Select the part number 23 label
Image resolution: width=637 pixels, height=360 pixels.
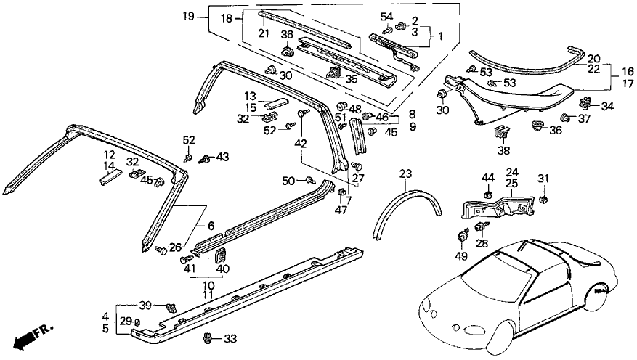[x=405, y=173]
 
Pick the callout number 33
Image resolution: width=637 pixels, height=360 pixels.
[x=231, y=338]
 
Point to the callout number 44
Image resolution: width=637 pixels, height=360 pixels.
[x=487, y=178]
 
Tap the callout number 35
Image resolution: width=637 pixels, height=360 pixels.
[x=352, y=78]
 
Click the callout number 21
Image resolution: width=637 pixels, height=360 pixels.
[x=262, y=34]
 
